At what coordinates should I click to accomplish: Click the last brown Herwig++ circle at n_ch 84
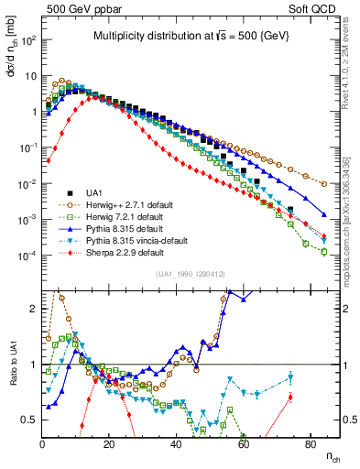[x=324, y=184]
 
